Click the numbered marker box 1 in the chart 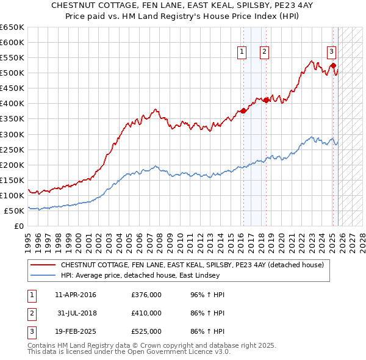[x=242, y=52]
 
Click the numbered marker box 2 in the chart [x=264, y=52]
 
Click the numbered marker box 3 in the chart [x=331, y=52]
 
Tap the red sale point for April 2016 [x=243, y=110]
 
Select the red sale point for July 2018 [x=267, y=100]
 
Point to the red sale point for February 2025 [x=333, y=65]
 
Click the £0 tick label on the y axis [x=18, y=226]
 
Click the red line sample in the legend [x=44, y=265]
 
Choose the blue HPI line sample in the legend [x=44, y=276]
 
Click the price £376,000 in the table [x=146, y=295]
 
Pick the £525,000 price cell [x=146, y=331]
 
